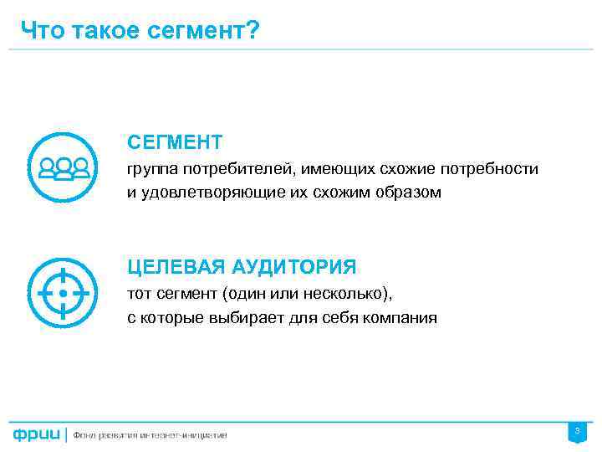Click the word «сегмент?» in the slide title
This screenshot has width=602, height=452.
[x=209, y=31]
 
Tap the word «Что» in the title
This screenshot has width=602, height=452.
[x=39, y=31]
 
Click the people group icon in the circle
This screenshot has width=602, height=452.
[x=64, y=168]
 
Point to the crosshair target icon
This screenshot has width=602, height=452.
[x=64, y=294]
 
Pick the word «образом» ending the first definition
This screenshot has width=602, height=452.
[x=410, y=193]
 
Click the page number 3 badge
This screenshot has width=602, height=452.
[x=576, y=432]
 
